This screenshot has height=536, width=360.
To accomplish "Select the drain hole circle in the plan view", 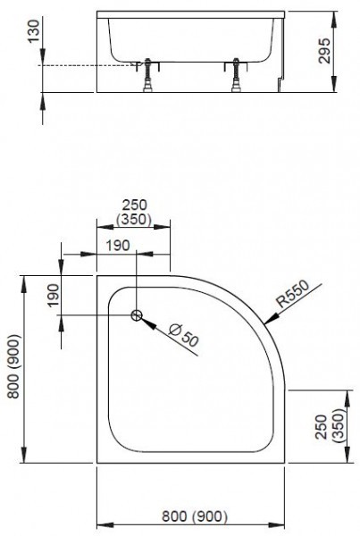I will (x=137, y=315).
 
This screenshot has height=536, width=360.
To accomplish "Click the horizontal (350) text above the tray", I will (x=134, y=220).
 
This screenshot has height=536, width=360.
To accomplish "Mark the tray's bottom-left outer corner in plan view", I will (x=96, y=465).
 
